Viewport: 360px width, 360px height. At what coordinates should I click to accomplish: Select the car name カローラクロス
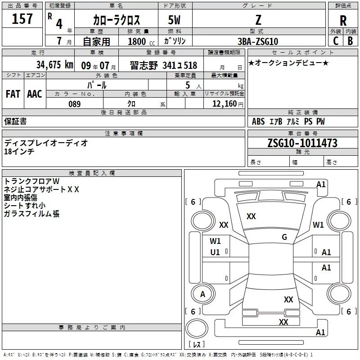tap(117, 20)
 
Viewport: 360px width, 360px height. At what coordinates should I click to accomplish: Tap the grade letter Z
tap(258, 20)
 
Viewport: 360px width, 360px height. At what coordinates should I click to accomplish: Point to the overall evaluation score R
tap(343, 21)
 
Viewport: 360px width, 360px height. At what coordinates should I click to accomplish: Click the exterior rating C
tap(335, 41)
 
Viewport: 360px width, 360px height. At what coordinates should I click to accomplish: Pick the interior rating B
tap(350, 41)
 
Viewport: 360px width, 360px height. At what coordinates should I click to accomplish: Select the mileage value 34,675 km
tap(54, 65)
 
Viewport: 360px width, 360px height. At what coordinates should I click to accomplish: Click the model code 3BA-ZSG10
tap(257, 41)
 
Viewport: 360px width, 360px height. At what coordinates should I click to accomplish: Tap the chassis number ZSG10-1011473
tap(302, 143)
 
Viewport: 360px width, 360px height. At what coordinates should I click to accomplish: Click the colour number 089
tap(74, 104)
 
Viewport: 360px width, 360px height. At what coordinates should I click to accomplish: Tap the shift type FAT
tap(13, 94)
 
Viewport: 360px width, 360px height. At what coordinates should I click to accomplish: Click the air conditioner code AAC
tap(34, 94)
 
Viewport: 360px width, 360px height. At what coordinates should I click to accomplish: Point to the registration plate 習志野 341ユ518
tap(164, 65)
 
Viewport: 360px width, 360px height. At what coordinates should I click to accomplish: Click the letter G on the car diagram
tap(284, 237)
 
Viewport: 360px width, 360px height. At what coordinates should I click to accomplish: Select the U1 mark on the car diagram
tap(215, 252)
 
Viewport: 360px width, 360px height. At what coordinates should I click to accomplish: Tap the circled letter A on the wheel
tap(202, 294)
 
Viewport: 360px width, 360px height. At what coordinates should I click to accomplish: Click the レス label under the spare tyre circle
tap(196, 344)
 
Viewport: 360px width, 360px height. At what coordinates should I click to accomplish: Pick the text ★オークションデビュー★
tap(288, 63)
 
